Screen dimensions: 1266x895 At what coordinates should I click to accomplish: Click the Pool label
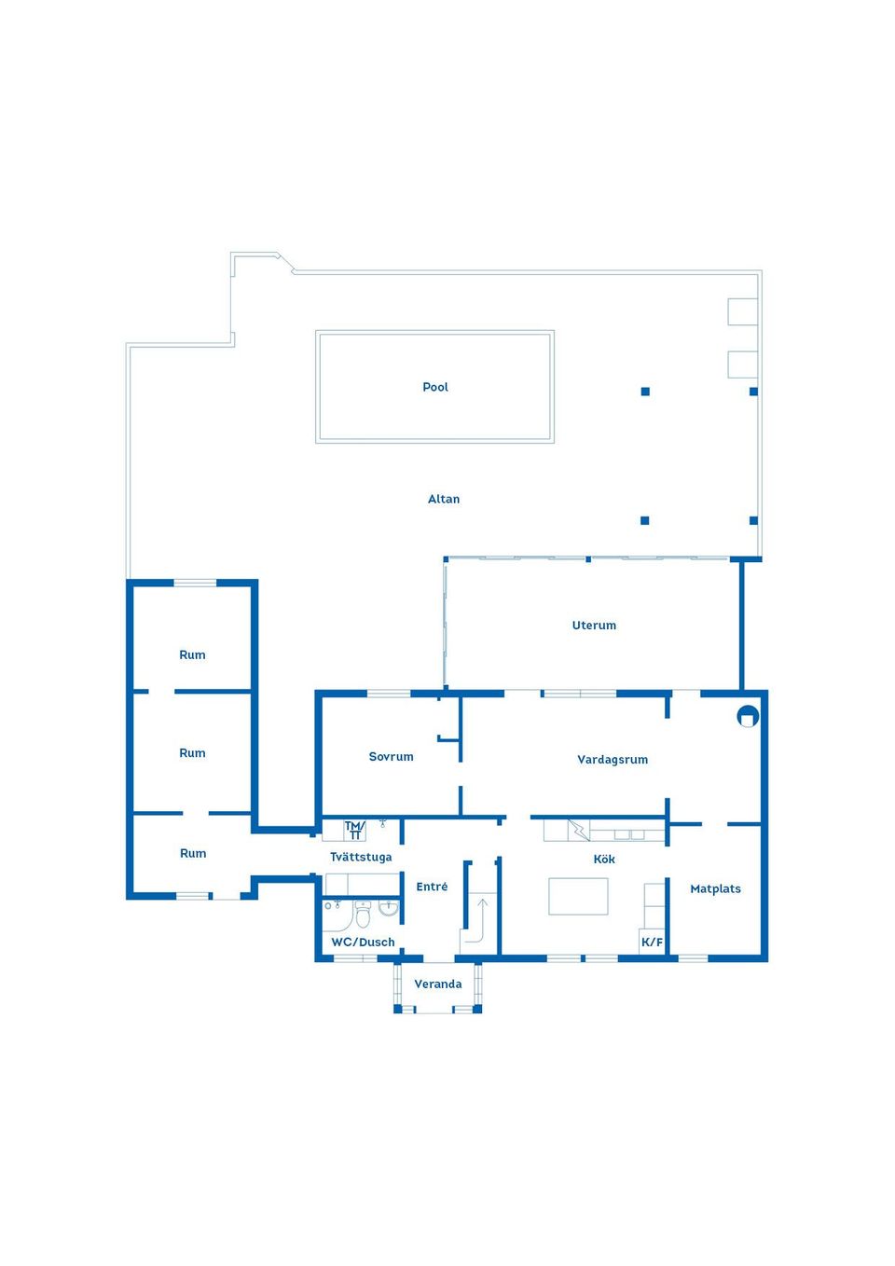(435, 387)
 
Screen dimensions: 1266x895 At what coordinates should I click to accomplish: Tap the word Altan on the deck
(444, 499)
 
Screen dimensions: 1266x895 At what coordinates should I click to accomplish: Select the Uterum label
(594, 626)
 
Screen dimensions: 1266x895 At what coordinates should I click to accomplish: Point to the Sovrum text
(391, 756)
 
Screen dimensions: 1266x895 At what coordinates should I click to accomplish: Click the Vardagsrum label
(613, 760)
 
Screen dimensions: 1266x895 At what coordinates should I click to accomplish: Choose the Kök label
(604, 859)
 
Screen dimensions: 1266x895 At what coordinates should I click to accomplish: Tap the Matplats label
(715, 888)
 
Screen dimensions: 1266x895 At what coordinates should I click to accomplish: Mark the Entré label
(432, 887)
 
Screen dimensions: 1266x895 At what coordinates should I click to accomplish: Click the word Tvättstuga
(361, 857)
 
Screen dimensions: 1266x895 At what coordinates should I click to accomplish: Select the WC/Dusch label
(363, 942)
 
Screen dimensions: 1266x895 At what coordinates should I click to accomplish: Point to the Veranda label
(438, 984)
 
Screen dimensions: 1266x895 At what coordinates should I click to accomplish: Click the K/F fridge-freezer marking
(652, 942)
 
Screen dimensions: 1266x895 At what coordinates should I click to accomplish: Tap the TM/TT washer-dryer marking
(354, 830)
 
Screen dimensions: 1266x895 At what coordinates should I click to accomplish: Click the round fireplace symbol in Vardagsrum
(748, 716)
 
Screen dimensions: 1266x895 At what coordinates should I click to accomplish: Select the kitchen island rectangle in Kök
(578, 896)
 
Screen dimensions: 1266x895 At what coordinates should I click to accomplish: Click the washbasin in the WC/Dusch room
(389, 907)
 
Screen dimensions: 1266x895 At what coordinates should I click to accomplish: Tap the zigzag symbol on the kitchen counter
(579, 829)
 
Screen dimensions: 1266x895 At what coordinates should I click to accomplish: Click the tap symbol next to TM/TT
(382, 824)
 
